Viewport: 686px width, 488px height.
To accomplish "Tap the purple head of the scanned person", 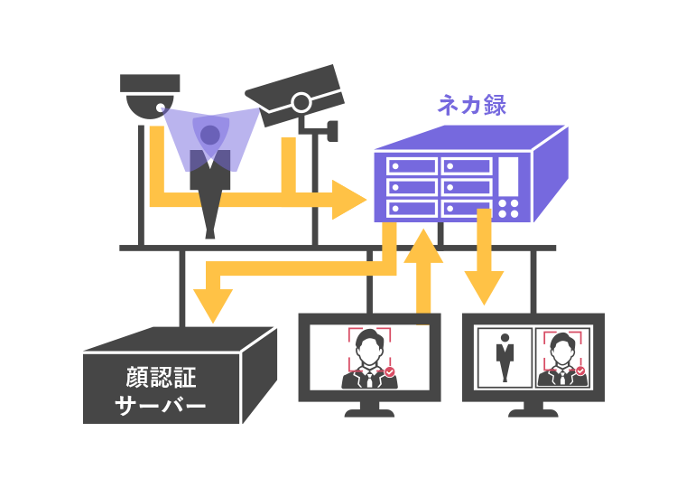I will point(210,136).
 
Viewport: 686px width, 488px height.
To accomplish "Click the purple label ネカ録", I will point(471,105).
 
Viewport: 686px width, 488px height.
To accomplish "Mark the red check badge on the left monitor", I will point(389,371).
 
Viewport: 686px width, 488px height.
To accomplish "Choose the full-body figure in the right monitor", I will point(504,358).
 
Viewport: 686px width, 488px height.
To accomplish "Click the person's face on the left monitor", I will point(369,345).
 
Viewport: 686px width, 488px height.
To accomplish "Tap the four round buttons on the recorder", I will point(509,208).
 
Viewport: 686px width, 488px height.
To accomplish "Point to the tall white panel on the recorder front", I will point(509,174).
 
